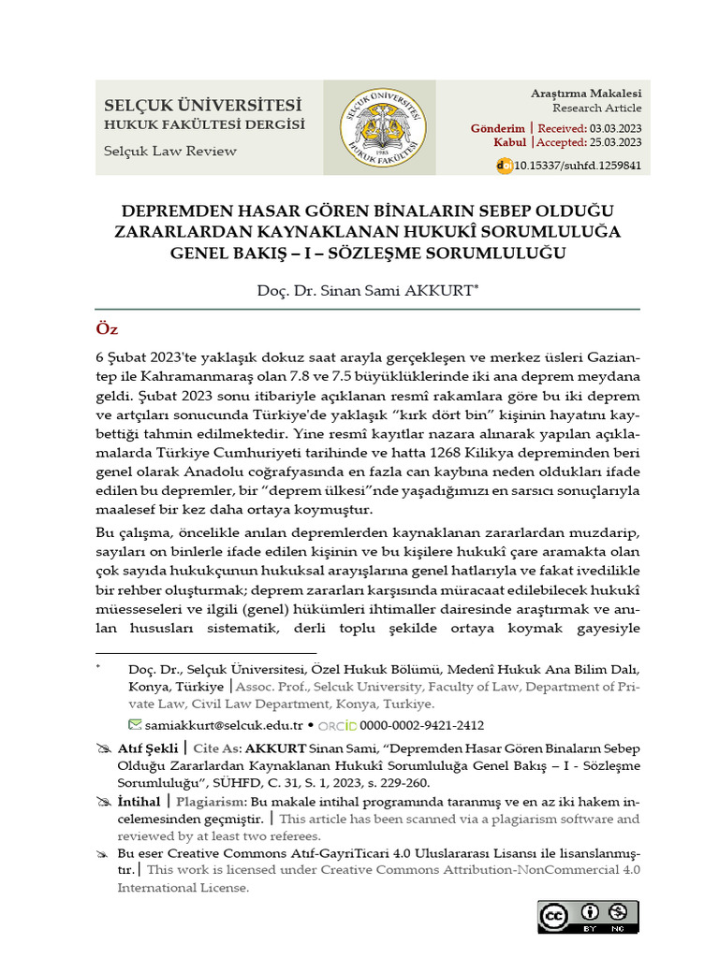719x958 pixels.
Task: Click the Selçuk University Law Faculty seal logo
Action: (x=379, y=127)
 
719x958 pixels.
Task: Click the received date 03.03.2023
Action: (x=615, y=127)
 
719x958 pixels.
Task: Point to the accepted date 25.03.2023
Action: (x=615, y=143)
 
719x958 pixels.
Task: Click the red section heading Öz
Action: (x=107, y=330)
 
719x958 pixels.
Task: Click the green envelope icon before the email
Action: (x=136, y=725)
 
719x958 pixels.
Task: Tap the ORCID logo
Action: (x=337, y=725)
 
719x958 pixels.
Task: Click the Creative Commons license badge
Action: (x=587, y=916)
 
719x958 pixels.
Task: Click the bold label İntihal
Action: (x=142, y=803)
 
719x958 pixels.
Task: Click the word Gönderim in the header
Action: (x=498, y=127)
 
